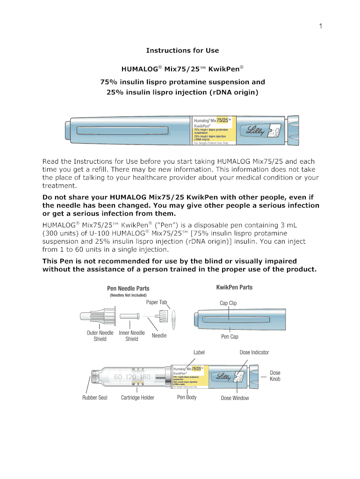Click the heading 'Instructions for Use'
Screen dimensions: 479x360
click(182, 51)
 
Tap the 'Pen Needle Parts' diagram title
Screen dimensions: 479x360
click(128, 288)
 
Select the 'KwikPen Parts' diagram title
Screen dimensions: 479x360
click(234, 287)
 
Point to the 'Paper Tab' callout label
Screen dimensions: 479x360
click(156, 302)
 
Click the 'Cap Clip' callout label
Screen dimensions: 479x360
click(228, 303)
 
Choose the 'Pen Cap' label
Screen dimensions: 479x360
click(228, 337)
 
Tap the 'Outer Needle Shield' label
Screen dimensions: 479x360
click(100, 336)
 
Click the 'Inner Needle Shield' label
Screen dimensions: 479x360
click(131, 336)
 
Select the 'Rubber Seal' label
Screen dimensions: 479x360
click(94, 398)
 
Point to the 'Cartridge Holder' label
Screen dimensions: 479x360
click(137, 398)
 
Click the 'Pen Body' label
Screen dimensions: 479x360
click(187, 397)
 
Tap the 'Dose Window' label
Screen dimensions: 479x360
click(235, 398)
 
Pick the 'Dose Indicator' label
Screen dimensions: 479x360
click(254, 352)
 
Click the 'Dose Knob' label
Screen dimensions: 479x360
click(275, 376)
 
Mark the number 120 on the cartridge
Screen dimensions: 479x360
click(130, 377)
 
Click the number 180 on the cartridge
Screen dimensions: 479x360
click(145, 377)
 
